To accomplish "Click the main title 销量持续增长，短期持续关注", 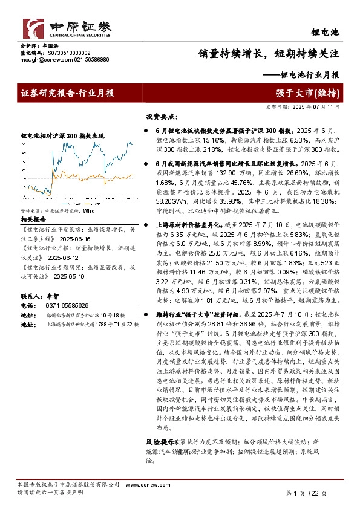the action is click(x=269, y=53).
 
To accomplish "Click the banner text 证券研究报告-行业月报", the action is click(x=68, y=93).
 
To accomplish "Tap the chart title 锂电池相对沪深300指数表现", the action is click(x=67, y=137).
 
